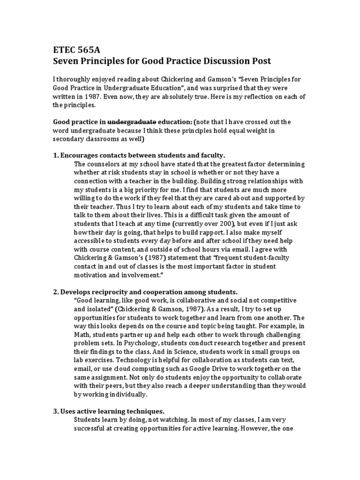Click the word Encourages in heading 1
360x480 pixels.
coord(82,156)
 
